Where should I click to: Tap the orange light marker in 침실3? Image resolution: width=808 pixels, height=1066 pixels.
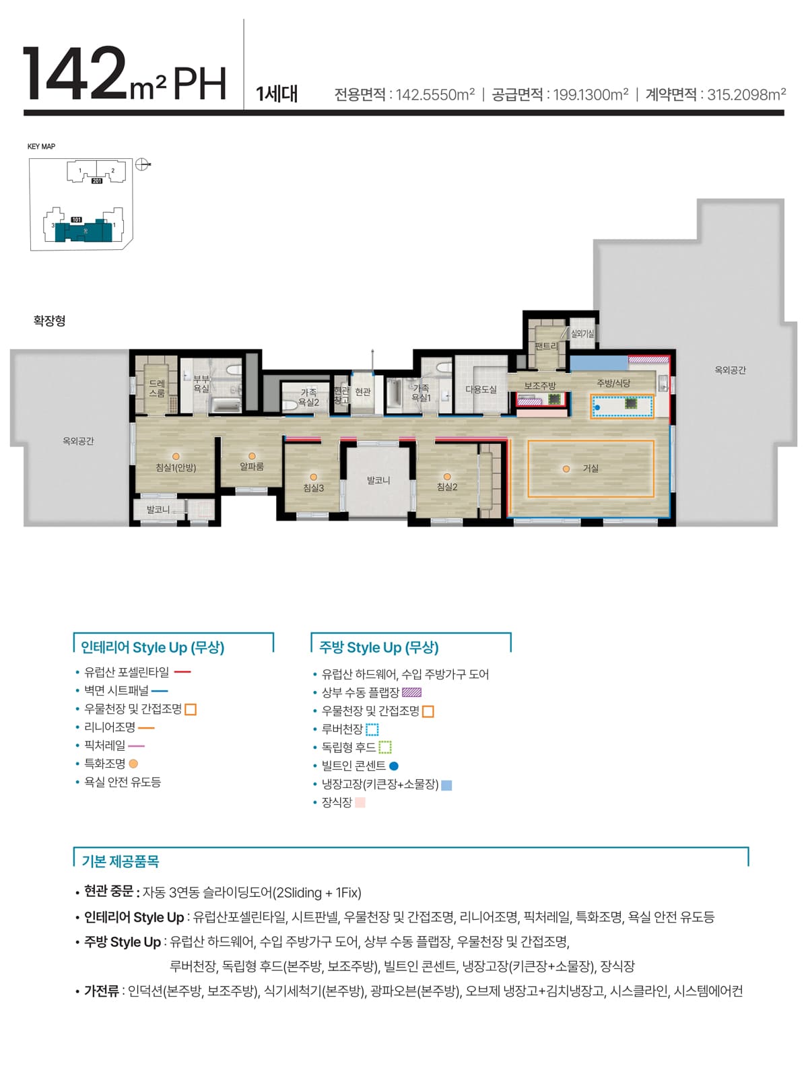[x=314, y=477]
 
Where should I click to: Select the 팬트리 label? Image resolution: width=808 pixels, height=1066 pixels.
[x=546, y=345]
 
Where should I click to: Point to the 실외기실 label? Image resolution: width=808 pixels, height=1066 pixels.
[x=582, y=333]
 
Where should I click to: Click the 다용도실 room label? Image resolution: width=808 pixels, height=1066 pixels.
[x=481, y=389]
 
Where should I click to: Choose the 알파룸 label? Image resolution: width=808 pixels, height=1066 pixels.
[x=252, y=466]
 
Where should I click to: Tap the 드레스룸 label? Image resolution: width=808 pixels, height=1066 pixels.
[x=157, y=389]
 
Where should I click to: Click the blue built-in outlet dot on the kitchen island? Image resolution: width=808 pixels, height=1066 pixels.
[x=597, y=407]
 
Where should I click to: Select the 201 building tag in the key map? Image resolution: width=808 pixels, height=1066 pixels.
[x=97, y=180]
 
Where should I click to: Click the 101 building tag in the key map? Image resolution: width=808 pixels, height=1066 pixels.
[x=76, y=220]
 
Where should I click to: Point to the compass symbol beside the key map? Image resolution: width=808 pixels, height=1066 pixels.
[x=142, y=164]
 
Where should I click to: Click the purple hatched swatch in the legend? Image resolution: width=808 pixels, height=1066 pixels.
[x=411, y=692]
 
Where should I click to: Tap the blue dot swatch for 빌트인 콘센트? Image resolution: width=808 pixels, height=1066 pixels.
[x=394, y=766]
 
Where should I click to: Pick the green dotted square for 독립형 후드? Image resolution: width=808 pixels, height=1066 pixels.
[x=384, y=747]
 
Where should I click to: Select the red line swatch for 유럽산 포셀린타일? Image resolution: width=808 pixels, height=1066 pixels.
[x=182, y=672]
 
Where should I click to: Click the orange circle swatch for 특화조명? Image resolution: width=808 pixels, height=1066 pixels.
[x=133, y=764]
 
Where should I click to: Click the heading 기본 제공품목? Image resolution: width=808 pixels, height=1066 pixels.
[x=121, y=861]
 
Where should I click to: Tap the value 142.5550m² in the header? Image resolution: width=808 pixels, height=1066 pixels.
[x=434, y=94]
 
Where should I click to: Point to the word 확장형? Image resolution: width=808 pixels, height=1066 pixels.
[x=49, y=321]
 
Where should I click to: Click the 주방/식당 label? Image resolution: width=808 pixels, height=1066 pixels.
[x=613, y=382]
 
